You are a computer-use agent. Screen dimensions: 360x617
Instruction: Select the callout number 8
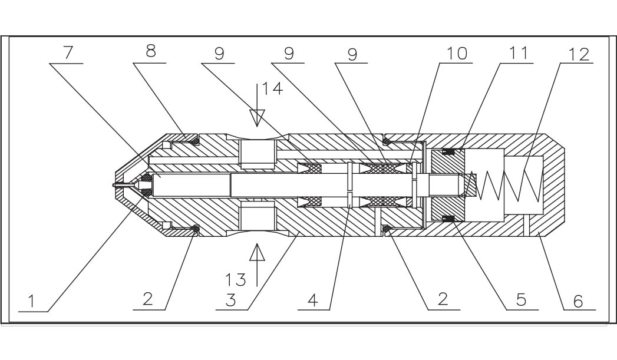coord(151,52)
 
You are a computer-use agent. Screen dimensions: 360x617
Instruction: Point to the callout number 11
coord(519,53)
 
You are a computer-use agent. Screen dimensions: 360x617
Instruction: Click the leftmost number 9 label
coord(220,53)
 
